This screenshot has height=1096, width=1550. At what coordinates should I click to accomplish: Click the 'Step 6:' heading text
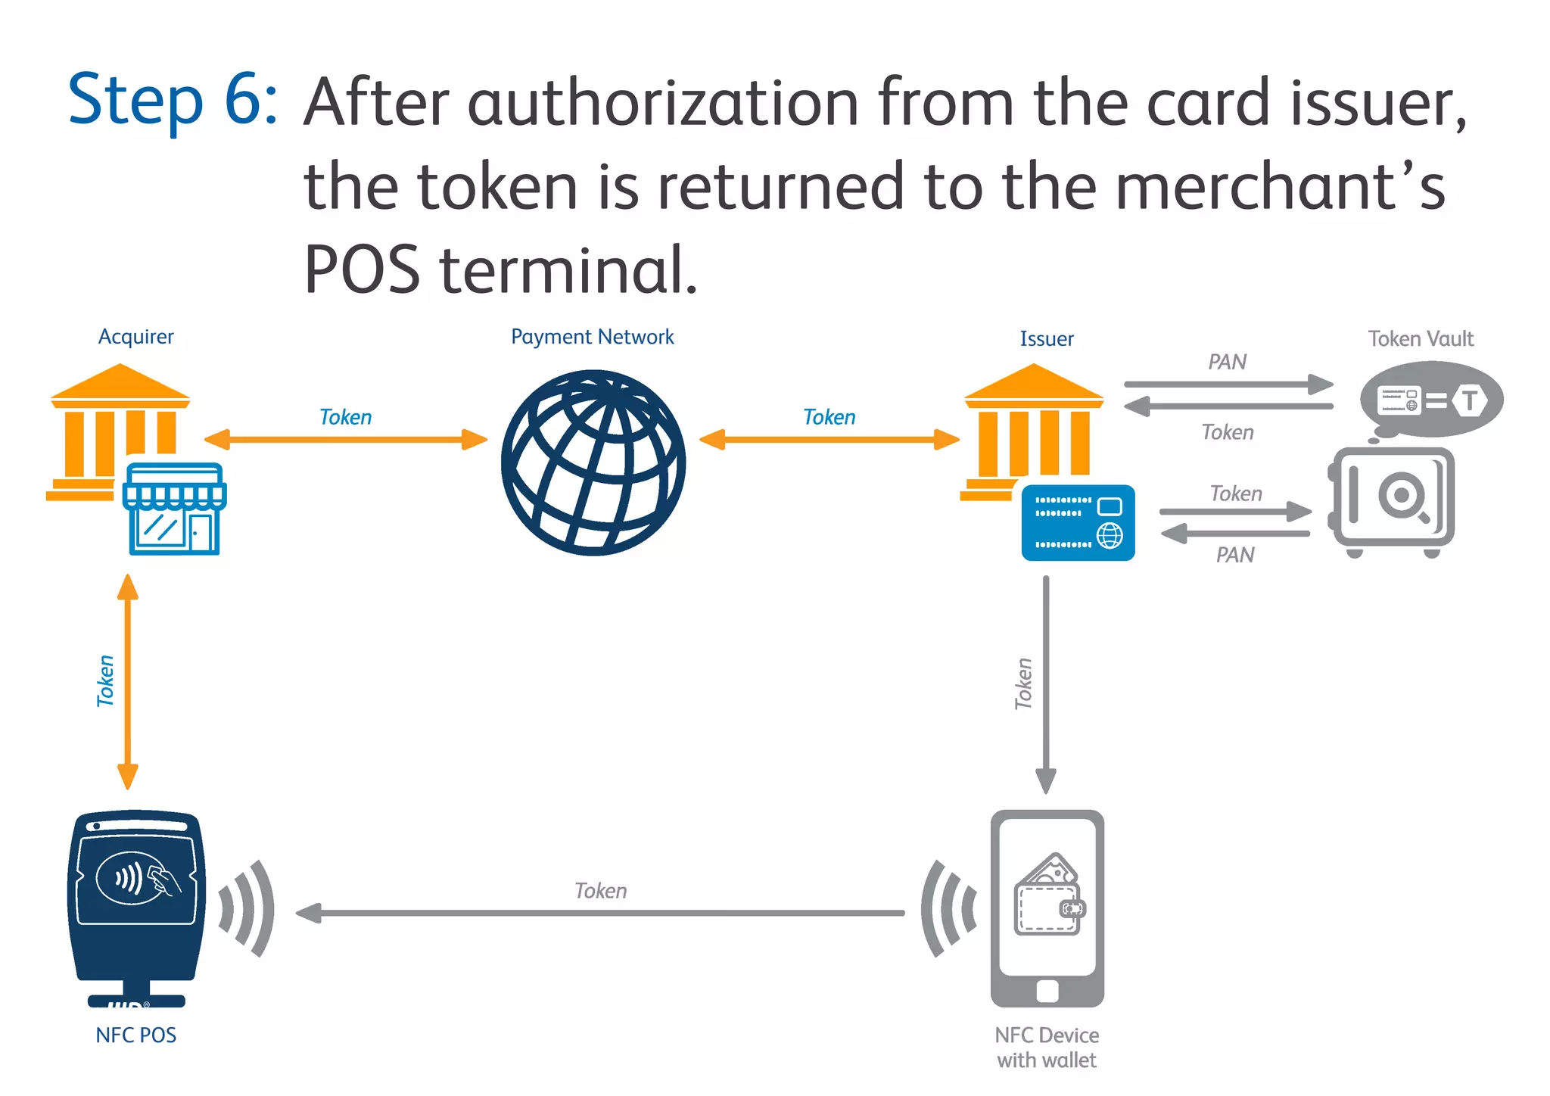[x=173, y=101]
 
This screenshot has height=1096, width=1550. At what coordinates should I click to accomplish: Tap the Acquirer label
[x=136, y=337]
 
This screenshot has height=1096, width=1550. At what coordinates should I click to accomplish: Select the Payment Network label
[x=592, y=337]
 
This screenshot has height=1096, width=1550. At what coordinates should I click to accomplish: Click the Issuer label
[x=1046, y=339]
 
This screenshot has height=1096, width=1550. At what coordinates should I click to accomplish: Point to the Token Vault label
[x=1421, y=338]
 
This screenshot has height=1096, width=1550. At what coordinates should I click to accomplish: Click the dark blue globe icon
[x=593, y=462]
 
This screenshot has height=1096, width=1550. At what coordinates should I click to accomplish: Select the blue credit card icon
[x=1078, y=523]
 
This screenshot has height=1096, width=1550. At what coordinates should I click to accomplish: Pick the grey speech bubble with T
[x=1430, y=400]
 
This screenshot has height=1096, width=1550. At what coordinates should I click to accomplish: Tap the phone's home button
[x=1047, y=991]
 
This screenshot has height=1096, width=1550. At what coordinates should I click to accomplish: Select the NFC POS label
[x=136, y=1035]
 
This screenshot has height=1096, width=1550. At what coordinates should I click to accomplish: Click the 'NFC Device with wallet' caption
[x=1047, y=1047]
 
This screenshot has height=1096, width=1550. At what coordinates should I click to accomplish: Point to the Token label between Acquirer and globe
[x=346, y=417]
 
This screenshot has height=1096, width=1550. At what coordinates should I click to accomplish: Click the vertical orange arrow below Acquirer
[x=128, y=681]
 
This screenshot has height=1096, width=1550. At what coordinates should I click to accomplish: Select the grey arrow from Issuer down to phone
[x=1046, y=681]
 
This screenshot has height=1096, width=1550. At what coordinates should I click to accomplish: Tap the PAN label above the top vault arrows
[x=1227, y=362]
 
